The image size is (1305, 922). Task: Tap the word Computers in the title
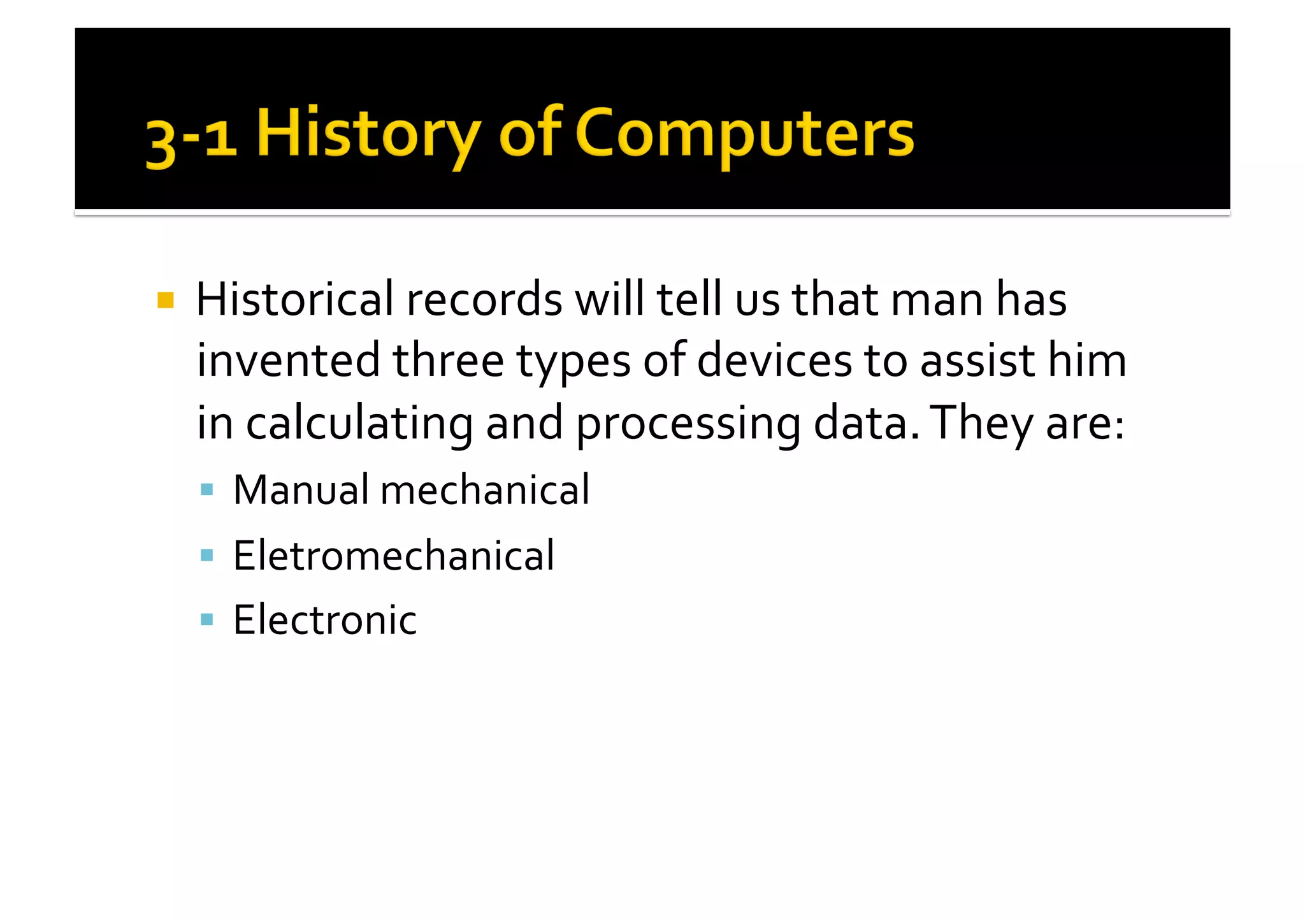pyautogui.click(x=744, y=134)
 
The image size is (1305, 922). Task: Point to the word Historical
pyautogui.click(x=295, y=299)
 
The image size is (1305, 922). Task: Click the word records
pyautogui.click(x=484, y=299)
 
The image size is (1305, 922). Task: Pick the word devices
pyautogui.click(x=774, y=361)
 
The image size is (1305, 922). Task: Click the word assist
pyautogui.click(x=978, y=361)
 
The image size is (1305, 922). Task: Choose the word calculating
pyautogui.click(x=359, y=424)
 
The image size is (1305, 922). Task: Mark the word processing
pyautogui.click(x=688, y=424)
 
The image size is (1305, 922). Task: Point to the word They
pyautogui.click(x=982, y=423)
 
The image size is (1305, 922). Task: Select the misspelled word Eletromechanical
pyautogui.click(x=394, y=555)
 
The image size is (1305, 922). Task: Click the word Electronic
pyautogui.click(x=325, y=619)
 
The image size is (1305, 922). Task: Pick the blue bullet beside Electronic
pyautogui.click(x=206, y=619)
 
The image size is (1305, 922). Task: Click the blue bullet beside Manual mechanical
pyautogui.click(x=206, y=490)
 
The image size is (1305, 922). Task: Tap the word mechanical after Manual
pyautogui.click(x=485, y=490)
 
